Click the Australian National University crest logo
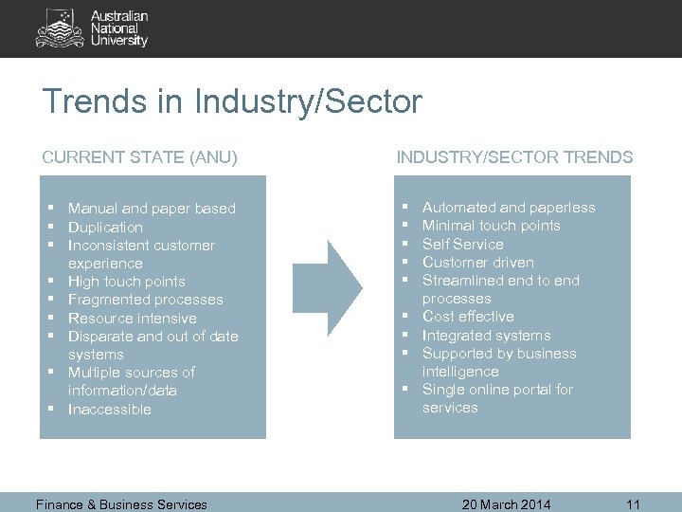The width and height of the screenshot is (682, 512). (x=59, y=28)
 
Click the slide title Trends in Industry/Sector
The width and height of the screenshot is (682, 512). (x=232, y=101)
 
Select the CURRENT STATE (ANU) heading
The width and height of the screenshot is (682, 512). (x=139, y=157)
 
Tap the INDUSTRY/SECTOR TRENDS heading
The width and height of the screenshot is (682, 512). (x=514, y=157)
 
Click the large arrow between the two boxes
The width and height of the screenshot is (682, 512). (x=328, y=282)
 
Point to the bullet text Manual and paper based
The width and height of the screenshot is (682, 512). (x=152, y=209)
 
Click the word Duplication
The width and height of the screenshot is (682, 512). (x=105, y=228)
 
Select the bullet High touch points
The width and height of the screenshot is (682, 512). (x=126, y=282)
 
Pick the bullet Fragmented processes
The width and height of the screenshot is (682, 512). (x=145, y=300)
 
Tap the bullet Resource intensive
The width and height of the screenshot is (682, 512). (x=132, y=319)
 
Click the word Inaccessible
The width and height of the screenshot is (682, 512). (x=109, y=410)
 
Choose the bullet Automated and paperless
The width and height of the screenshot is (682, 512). (x=509, y=208)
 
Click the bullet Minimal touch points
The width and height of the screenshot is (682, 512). (x=491, y=226)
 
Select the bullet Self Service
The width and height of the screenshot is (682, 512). (x=462, y=244)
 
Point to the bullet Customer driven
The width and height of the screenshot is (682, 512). (x=477, y=263)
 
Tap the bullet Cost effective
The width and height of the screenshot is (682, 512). (x=468, y=317)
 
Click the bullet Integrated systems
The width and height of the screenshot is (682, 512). (x=486, y=336)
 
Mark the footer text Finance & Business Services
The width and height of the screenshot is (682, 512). (x=121, y=504)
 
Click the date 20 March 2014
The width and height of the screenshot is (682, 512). (x=506, y=504)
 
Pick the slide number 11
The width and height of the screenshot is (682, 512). (x=634, y=504)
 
